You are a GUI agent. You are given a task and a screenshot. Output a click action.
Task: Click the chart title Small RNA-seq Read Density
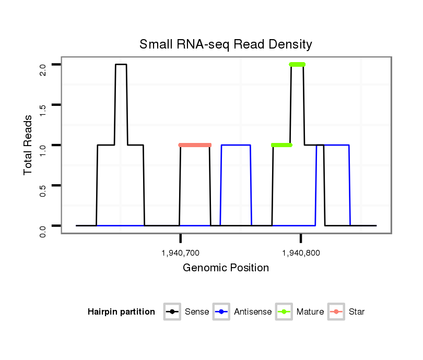tap(226, 44)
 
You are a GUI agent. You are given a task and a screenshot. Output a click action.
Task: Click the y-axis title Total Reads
tap(29, 145)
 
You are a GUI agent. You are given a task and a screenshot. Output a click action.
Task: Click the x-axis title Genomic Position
tap(226, 268)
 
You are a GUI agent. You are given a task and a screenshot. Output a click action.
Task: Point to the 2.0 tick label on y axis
tap(43, 70)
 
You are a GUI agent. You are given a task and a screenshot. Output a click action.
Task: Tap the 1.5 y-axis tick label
tap(43, 110)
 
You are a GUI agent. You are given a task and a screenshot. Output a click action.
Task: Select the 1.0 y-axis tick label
tap(43, 150)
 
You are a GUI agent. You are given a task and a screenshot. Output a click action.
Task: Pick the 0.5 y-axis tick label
tap(43, 190)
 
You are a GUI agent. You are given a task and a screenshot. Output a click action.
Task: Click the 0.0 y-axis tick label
tap(43, 231)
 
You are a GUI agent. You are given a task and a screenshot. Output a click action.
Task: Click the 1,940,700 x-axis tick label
tap(181, 254)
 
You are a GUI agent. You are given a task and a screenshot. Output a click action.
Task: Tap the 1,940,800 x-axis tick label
tap(301, 254)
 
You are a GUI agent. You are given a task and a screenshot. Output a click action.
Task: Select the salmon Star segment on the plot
tap(195, 145)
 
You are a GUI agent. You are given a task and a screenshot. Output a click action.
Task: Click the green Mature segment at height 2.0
tap(297, 65)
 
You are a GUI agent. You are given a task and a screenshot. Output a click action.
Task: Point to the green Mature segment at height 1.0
tap(281, 145)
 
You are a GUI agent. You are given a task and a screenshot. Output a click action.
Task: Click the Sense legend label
tap(197, 312)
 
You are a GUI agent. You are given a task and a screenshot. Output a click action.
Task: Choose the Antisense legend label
tap(253, 312)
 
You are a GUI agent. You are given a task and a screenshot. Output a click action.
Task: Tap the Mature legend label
tap(310, 312)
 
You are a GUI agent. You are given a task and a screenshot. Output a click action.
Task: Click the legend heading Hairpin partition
tap(121, 312)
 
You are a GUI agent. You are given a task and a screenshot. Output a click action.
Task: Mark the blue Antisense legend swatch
tap(222, 312)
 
